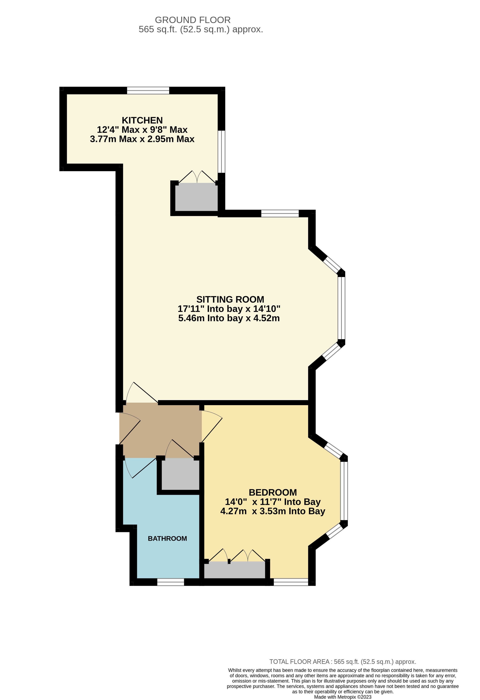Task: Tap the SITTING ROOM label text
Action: point(230,299)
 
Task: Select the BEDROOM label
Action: point(273,493)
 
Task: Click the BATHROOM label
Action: point(167,539)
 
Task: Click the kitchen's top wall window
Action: point(148,90)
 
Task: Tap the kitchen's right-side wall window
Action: point(222,152)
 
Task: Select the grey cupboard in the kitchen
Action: point(196,198)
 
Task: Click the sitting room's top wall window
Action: point(280,213)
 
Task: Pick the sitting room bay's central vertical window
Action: point(341,308)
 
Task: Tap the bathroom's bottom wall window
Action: point(171,582)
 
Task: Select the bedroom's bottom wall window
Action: point(291,582)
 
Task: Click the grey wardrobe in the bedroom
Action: point(235,570)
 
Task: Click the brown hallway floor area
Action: point(160,431)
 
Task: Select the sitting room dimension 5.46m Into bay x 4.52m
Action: point(229,318)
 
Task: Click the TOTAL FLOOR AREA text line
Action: point(343,662)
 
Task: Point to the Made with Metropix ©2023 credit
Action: point(343,697)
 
